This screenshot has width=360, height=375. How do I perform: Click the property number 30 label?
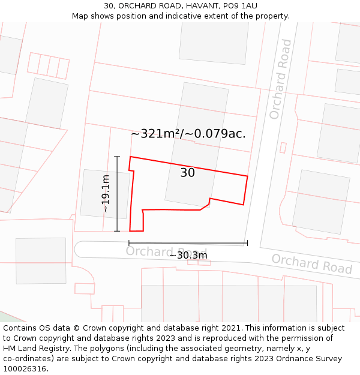(187, 173)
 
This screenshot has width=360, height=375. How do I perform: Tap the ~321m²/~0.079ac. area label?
(188, 133)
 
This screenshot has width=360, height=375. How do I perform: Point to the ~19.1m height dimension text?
(106, 193)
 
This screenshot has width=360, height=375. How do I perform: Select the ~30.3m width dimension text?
(188, 255)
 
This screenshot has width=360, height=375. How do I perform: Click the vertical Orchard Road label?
(280, 79)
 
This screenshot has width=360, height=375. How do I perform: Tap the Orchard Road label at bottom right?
(311, 263)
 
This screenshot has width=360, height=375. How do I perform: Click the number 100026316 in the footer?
(25, 369)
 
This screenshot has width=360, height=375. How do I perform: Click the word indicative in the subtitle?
(186, 16)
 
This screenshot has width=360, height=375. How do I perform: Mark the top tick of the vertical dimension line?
(117, 157)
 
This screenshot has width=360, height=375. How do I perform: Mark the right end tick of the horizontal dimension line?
(247, 243)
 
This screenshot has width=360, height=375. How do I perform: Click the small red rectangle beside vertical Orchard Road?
(283, 147)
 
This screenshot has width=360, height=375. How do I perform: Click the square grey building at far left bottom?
(41, 260)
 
